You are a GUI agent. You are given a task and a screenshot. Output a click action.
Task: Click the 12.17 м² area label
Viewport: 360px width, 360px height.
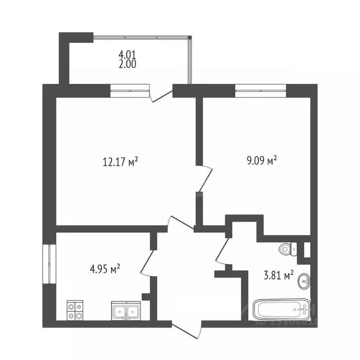coord(120,163)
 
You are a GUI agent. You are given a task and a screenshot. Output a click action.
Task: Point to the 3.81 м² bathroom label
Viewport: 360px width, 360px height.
coord(278,275)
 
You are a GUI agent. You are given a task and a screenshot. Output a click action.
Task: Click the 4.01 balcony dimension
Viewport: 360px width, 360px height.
coord(127,56)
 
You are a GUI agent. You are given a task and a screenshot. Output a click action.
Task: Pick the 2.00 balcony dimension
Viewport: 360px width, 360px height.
coord(127,65)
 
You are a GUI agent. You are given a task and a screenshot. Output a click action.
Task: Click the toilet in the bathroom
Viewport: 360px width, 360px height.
coord(287,249)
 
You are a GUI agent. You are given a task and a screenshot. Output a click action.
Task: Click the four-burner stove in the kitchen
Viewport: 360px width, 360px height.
coord(75,310)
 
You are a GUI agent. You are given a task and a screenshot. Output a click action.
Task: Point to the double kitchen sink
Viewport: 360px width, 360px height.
coord(126,311)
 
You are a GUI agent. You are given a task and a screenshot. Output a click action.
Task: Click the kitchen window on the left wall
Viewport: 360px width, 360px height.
coord(49,263)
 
